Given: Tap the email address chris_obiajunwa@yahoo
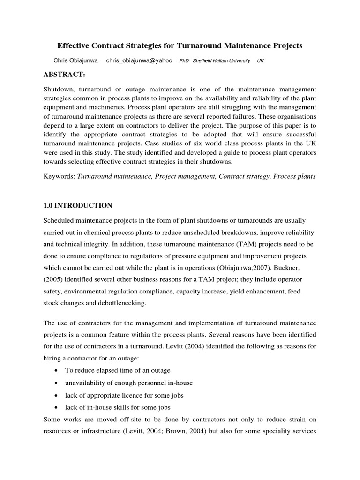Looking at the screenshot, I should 139,61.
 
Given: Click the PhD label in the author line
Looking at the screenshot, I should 184,61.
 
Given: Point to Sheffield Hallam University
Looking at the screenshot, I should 221,61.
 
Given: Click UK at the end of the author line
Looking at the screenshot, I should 261,61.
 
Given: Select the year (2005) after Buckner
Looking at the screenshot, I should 54,279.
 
